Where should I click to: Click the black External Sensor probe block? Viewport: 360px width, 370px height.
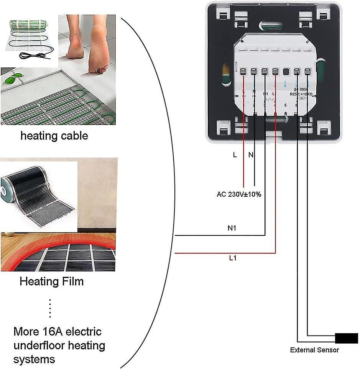click(x=346, y=338)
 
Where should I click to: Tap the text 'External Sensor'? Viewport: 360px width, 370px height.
click(x=314, y=350)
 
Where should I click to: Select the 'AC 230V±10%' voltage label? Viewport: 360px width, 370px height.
click(x=239, y=194)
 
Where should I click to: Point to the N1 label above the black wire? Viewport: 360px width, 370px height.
click(x=232, y=228)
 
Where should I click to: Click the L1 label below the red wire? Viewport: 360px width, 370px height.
click(x=233, y=258)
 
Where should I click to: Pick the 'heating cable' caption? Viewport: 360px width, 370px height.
click(x=54, y=135)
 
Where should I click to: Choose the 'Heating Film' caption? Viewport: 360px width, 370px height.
click(x=51, y=282)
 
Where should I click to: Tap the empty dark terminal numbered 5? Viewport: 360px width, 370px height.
click(x=286, y=71)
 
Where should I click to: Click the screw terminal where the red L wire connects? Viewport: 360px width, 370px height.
click(x=243, y=71)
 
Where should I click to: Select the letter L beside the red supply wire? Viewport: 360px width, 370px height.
click(x=235, y=155)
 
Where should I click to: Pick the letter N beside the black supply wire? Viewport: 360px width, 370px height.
click(x=251, y=155)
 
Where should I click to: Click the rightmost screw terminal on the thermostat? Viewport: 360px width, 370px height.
click(x=307, y=71)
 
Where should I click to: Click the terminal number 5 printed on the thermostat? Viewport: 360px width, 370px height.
click(x=285, y=105)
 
